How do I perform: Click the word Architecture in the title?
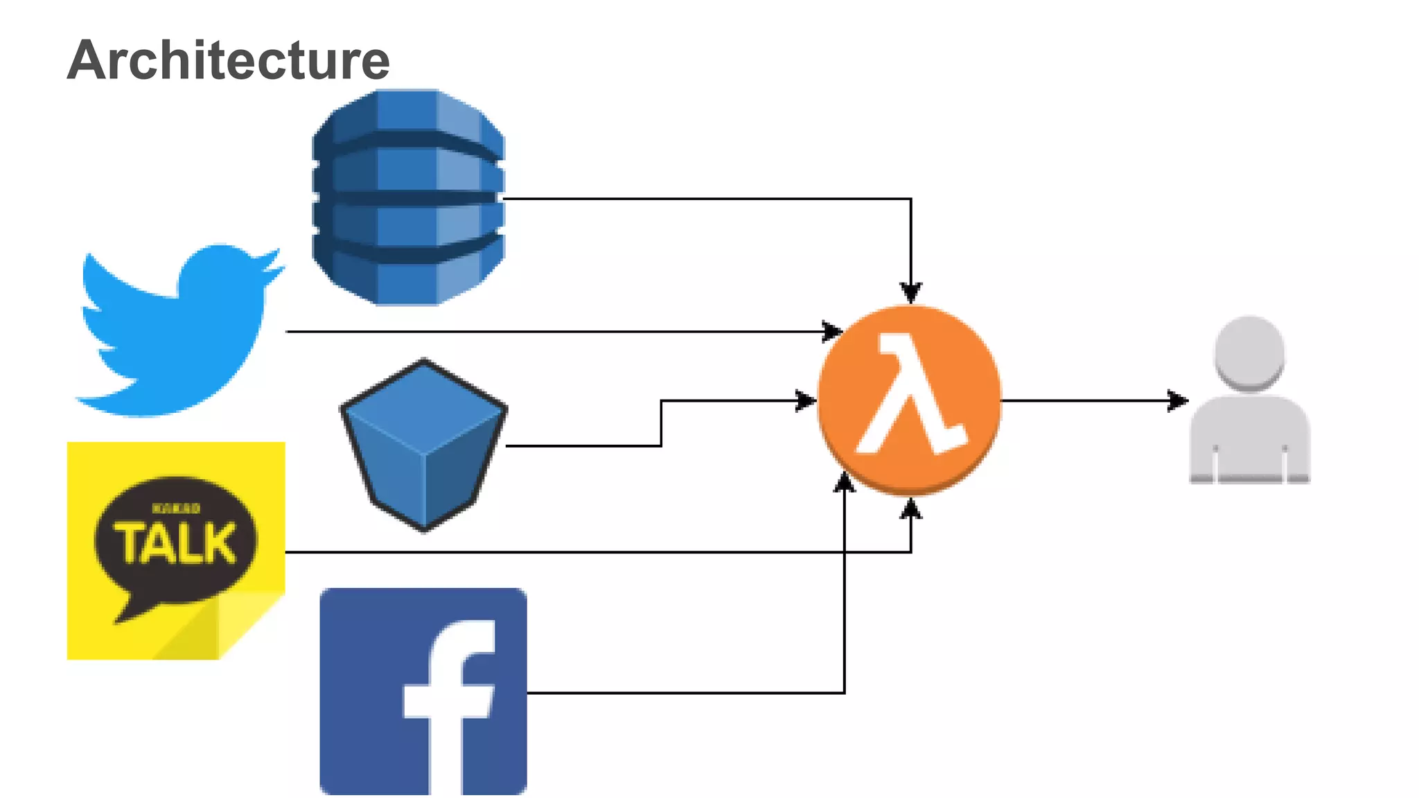point(229,60)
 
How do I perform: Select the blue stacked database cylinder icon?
point(408,197)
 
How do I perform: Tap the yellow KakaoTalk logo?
point(176,550)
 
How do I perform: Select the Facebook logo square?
point(423,691)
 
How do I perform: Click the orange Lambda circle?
point(910,400)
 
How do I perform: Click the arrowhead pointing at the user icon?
point(1178,400)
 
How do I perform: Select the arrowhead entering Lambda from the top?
point(910,293)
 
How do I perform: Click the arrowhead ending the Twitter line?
point(832,332)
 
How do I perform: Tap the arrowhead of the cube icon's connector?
point(806,400)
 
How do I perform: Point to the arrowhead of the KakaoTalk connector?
point(910,509)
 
